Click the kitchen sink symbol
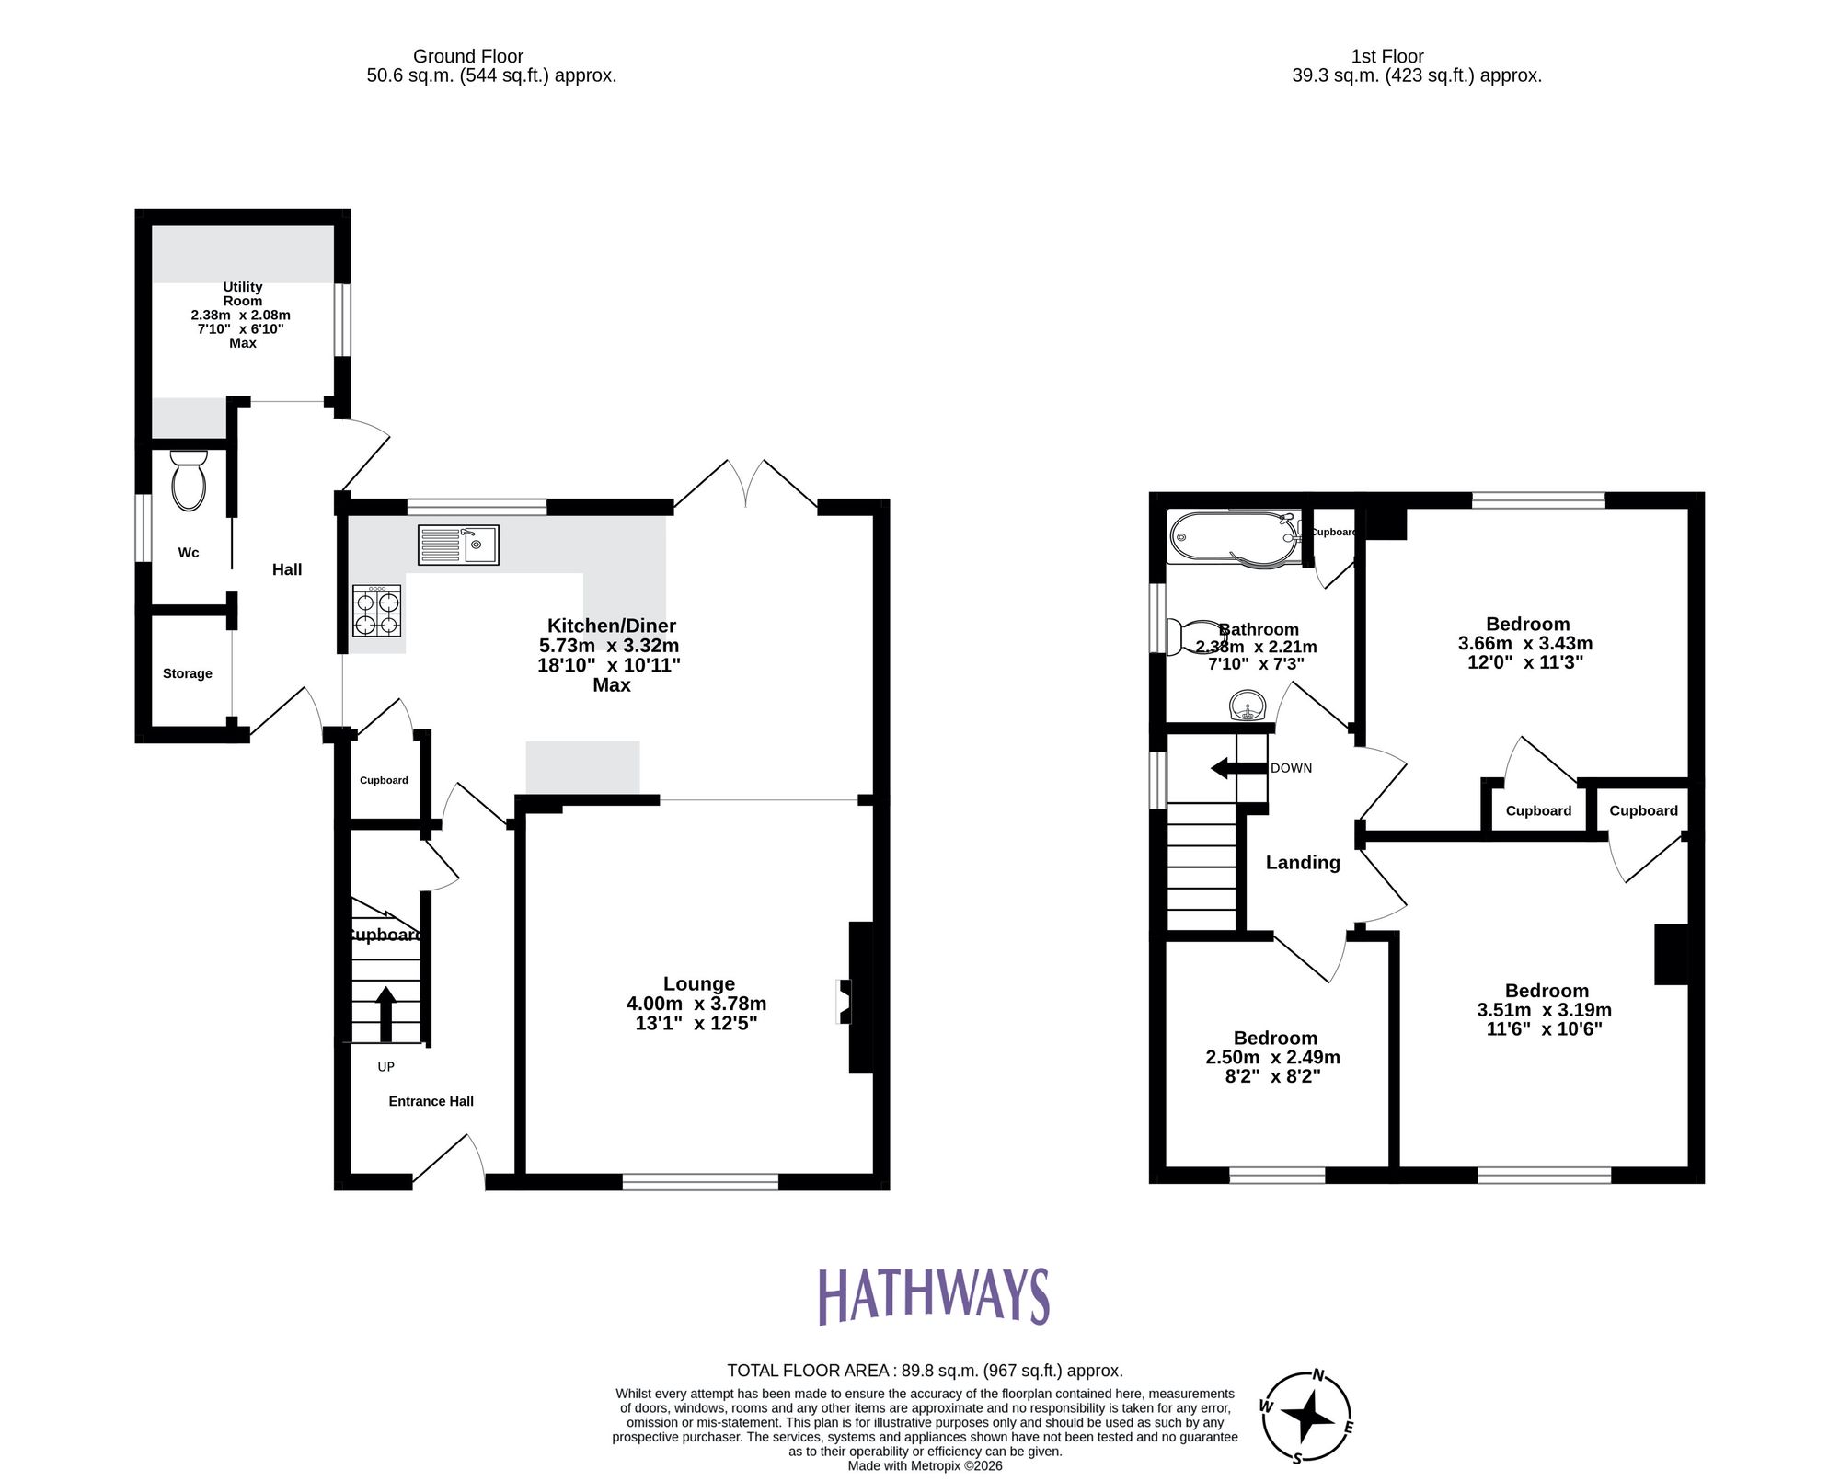click(458, 545)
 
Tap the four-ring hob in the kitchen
click(377, 612)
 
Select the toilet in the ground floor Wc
click(189, 479)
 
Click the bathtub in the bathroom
click(1234, 538)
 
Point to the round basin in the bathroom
click(1248, 706)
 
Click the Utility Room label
click(243, 294)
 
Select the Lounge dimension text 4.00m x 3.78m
click(696, 1004)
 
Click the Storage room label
click(188, 673)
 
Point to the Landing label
click(1302, 863)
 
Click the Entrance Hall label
click(431, 1101)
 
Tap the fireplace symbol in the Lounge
click(844, 1001)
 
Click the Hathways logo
click(933, 1296)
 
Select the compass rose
click(1306, 1417)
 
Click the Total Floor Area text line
click(925, 1371)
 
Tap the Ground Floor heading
click(468, 56)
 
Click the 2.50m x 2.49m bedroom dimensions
click(1272, 1058)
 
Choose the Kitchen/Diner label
click(611, 626)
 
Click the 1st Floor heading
click(1387, 56)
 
